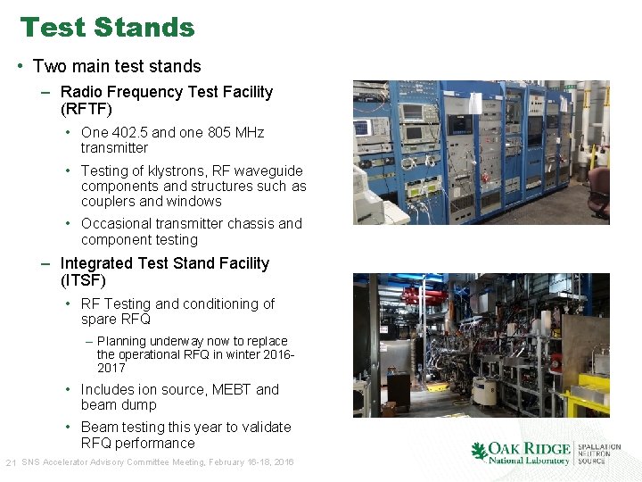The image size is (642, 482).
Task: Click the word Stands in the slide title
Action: pos(151,28)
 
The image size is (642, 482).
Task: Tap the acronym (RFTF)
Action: pos(86,108)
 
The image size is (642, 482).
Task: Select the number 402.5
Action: pos(129,132)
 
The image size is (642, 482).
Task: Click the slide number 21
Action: pos(11,462)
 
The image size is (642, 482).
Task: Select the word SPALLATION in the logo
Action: pos(599,447)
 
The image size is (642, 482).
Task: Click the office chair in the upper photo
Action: pos(599,189)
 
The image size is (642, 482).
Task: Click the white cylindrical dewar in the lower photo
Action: pos(486,392)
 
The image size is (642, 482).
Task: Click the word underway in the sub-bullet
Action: pos(177,341)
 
